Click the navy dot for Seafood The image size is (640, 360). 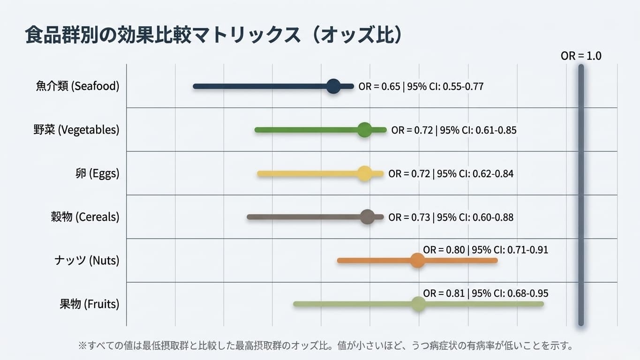tap(333, 86)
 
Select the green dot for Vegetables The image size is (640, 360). tap(365, 130)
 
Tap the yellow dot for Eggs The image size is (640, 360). tap(365, 173)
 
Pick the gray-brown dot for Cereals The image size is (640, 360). tap(368, 217)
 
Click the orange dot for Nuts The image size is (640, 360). tap(417, 260)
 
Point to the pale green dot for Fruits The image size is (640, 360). tap(419, 304)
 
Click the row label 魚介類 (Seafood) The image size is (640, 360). tap(77, 86)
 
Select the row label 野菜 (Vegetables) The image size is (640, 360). tap(76, 130)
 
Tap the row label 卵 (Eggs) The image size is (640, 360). tap(98, 173)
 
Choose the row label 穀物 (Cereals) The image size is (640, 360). tap(85, 217)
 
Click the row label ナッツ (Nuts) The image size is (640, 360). tap(87, 260)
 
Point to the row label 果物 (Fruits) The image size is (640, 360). tap(90, 304)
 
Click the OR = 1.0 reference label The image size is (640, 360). tap(581, 56)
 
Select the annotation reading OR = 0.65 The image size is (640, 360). tap(421, 86)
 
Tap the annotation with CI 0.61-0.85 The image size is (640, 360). tap(454, 130)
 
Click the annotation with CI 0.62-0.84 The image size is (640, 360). tap(451, 174)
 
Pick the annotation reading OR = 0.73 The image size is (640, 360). tap(451, 217)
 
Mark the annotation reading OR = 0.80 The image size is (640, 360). tap(485, 250)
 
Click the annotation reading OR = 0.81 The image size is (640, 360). tap(485, 293)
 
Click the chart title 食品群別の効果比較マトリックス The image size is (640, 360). tap(163, 35)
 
